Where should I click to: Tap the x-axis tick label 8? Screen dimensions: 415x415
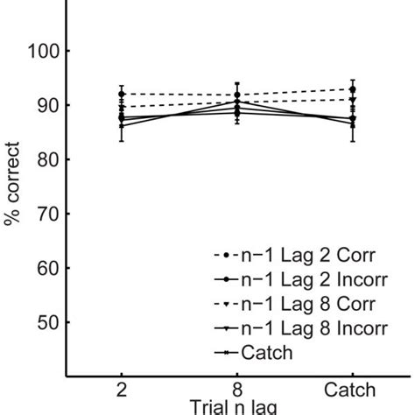[x=237, y=390]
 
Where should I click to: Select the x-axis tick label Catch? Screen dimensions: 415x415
[x=352, y=390]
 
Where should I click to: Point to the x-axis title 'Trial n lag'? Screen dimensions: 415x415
[x=236, y=408]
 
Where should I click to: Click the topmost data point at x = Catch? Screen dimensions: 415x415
[x=353, y=89]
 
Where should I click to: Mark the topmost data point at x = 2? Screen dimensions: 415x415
[x=122, y=94]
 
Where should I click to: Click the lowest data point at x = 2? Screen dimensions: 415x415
[x=122, y=126]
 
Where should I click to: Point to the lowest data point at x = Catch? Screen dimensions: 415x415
[x=353, y=124]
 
